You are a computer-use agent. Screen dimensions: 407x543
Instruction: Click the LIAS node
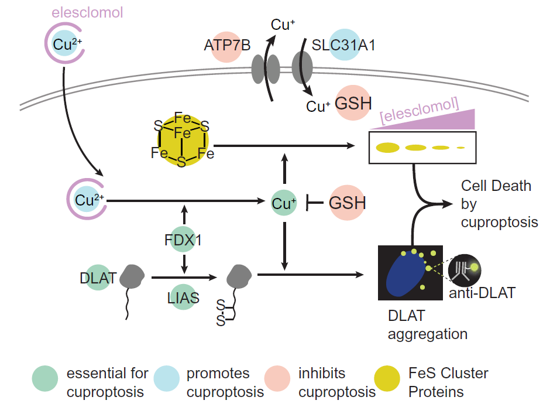(184, 297)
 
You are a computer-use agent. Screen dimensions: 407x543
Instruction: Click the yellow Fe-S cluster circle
(181, 141)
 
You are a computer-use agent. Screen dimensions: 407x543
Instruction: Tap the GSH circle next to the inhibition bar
(348, 203)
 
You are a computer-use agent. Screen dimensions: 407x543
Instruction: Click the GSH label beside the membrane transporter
(353, 104)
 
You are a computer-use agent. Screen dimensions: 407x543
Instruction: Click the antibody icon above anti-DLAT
(466, 268)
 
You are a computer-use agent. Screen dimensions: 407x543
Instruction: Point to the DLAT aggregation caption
(427, 325)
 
